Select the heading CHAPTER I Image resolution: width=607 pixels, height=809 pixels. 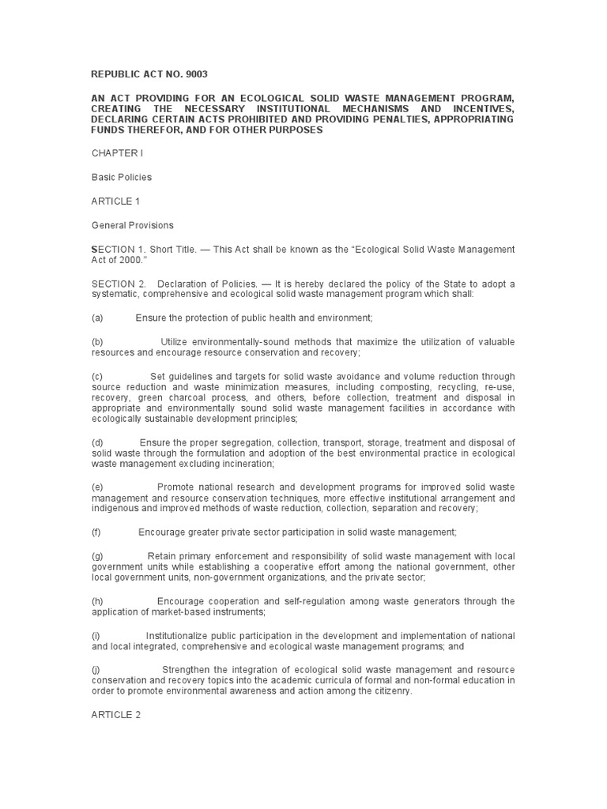(x=118, y=152)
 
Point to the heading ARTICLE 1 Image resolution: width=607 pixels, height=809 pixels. (x=115, y=201)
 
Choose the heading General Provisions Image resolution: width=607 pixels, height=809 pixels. (x=132, y=225)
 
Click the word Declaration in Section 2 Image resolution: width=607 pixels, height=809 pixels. (x=183, y=284)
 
